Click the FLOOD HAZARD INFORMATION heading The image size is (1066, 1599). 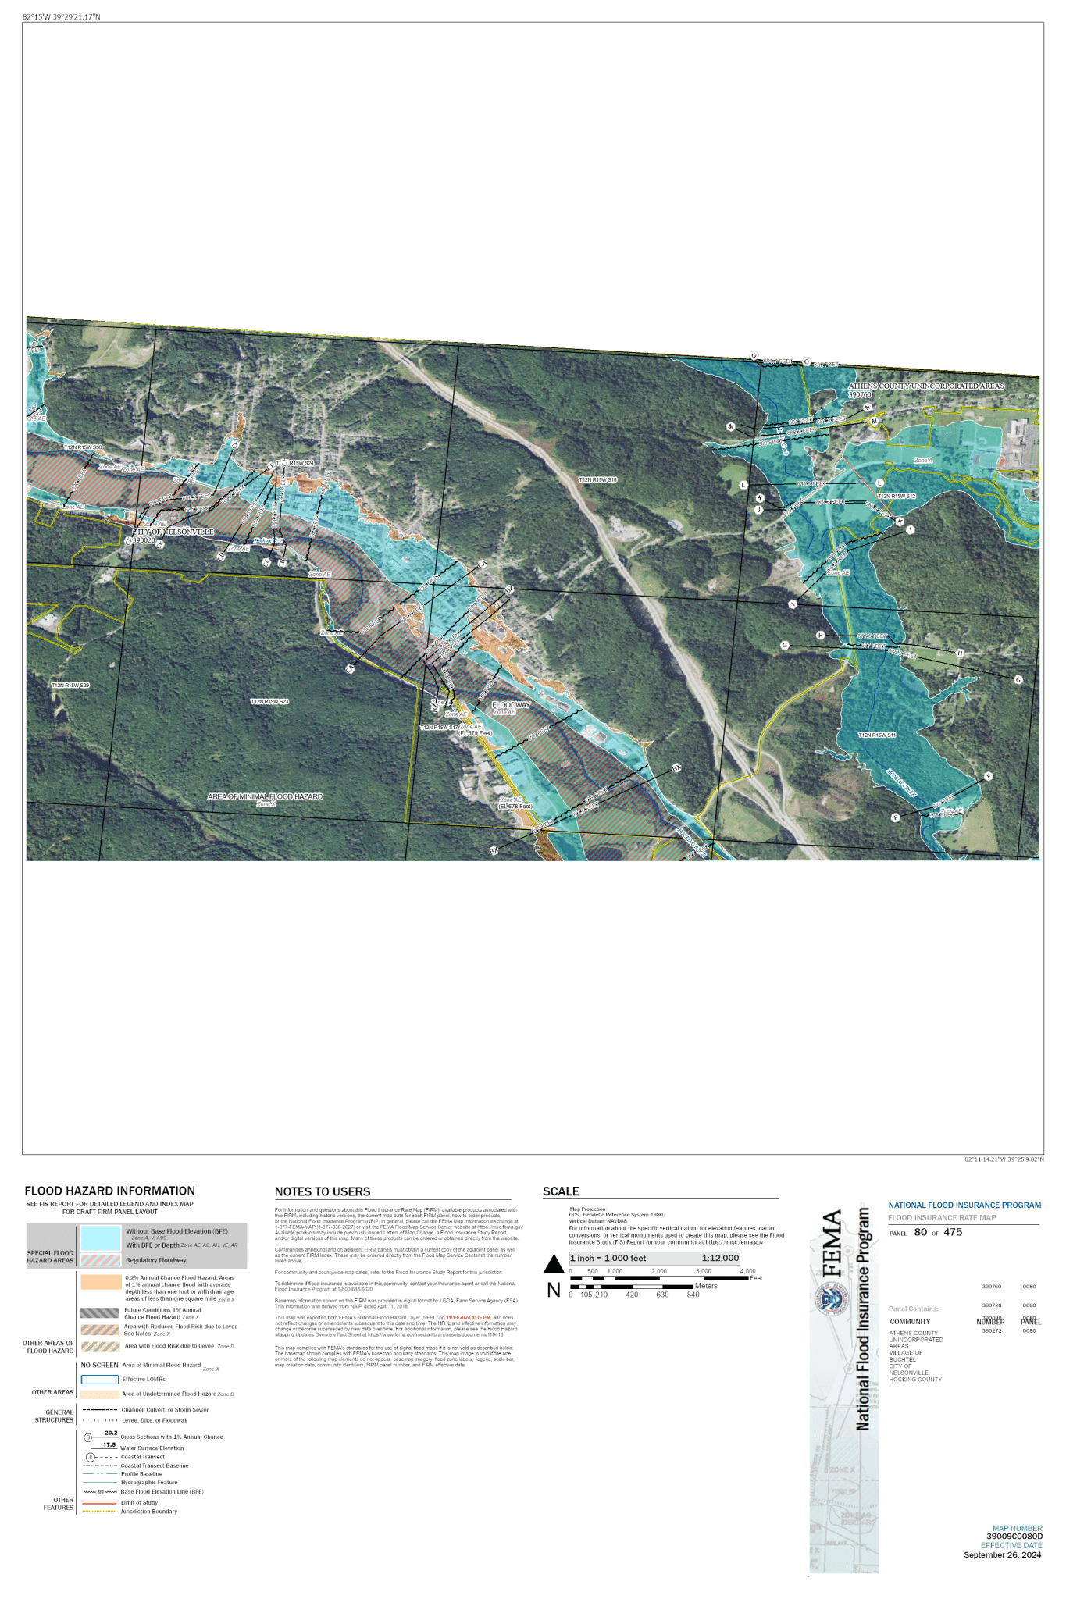pyautogui.click(x=109, y=1191)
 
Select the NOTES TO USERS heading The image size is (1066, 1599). pyautogui.click(x=323, y=1191)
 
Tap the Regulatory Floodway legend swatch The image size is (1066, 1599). pyautogui.click(x=101, y=1259)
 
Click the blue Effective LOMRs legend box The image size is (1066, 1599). pyautogui.click(x=100, y=1379)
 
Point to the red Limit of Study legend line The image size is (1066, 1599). pyautogui.click(x=100, y=1502)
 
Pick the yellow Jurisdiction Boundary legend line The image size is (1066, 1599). pyautogui.click(x=100, y=1512)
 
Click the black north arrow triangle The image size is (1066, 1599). pyautogui.click(x=554, y=1263)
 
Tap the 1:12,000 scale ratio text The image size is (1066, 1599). pyautogui.click(x=719, y=1258)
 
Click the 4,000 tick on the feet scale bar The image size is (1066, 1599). pyautogui.click(x=747, y=1271)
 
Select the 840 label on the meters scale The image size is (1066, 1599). pyautogui.click(x=693, y=1295)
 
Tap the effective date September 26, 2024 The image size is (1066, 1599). pyautogui.click(x=1002, y=1554)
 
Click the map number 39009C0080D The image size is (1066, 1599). pyautogui.click(x=1014, y=1537)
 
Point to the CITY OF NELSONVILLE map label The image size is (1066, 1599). pyautogui.click(x=173, y=532)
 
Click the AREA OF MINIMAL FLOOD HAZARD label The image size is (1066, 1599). pyautogui.click(x=265, y=796)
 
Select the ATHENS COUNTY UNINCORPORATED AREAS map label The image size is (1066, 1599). pyautogui.click(x=926, y=386)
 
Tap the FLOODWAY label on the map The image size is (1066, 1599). pyautogui.click(x=511, y=705)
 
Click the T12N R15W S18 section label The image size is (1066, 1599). pyautogui.click(x=597, y=479)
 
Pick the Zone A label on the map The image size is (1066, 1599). pyautogui.click(x=923, y=461)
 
